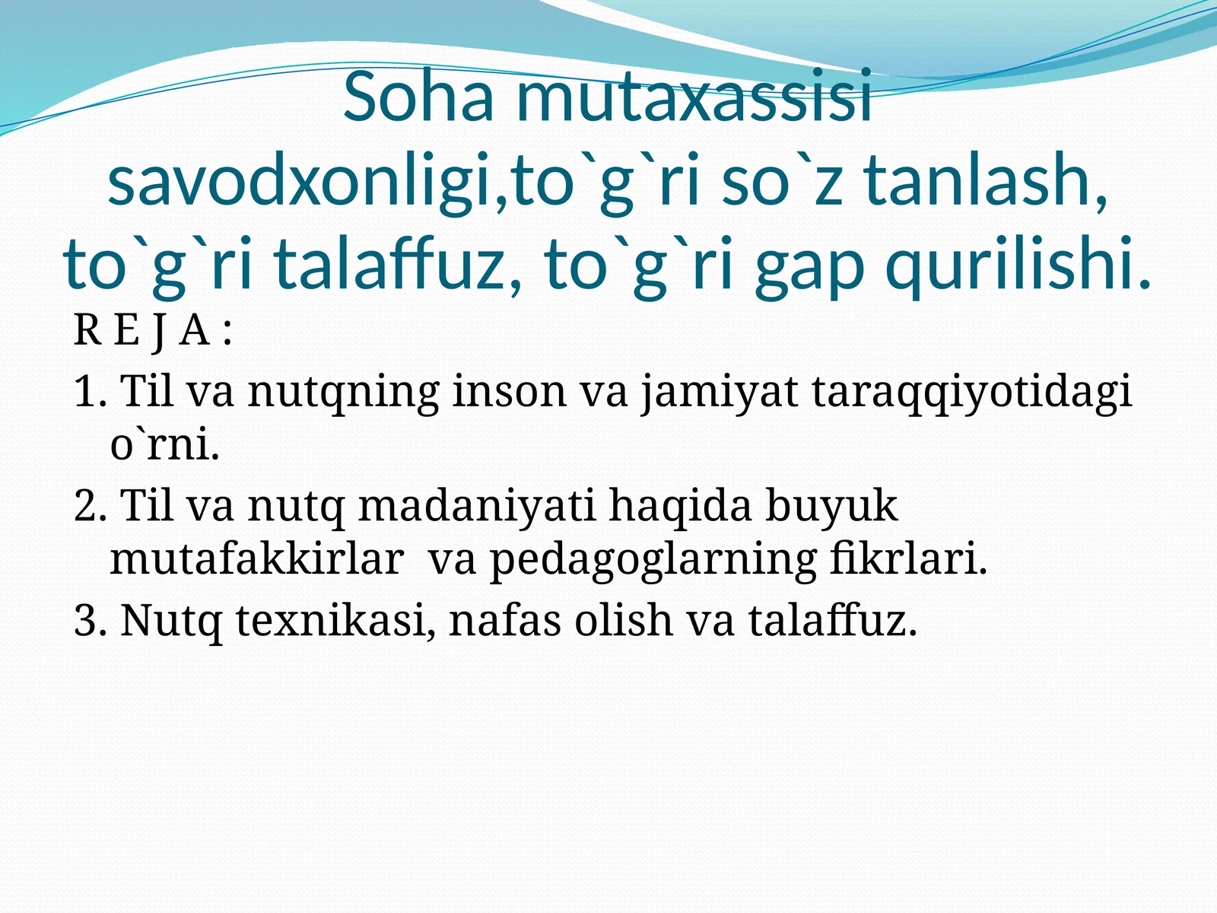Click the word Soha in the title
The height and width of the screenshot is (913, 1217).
click(418, 97)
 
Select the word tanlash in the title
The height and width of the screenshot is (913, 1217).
click(985, 180)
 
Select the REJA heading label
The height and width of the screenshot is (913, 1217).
click(152, 332)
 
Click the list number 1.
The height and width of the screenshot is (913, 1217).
click(90, 392)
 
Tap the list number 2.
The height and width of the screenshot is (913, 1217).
click(91, 505)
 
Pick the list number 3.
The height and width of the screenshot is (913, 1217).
click(91, 620)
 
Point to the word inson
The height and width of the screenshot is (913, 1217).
click(510, 391)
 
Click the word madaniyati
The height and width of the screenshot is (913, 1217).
click(477, 505)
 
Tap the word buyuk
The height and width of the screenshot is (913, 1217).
click(831, 505)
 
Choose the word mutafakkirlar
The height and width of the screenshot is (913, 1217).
click(257, 558)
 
